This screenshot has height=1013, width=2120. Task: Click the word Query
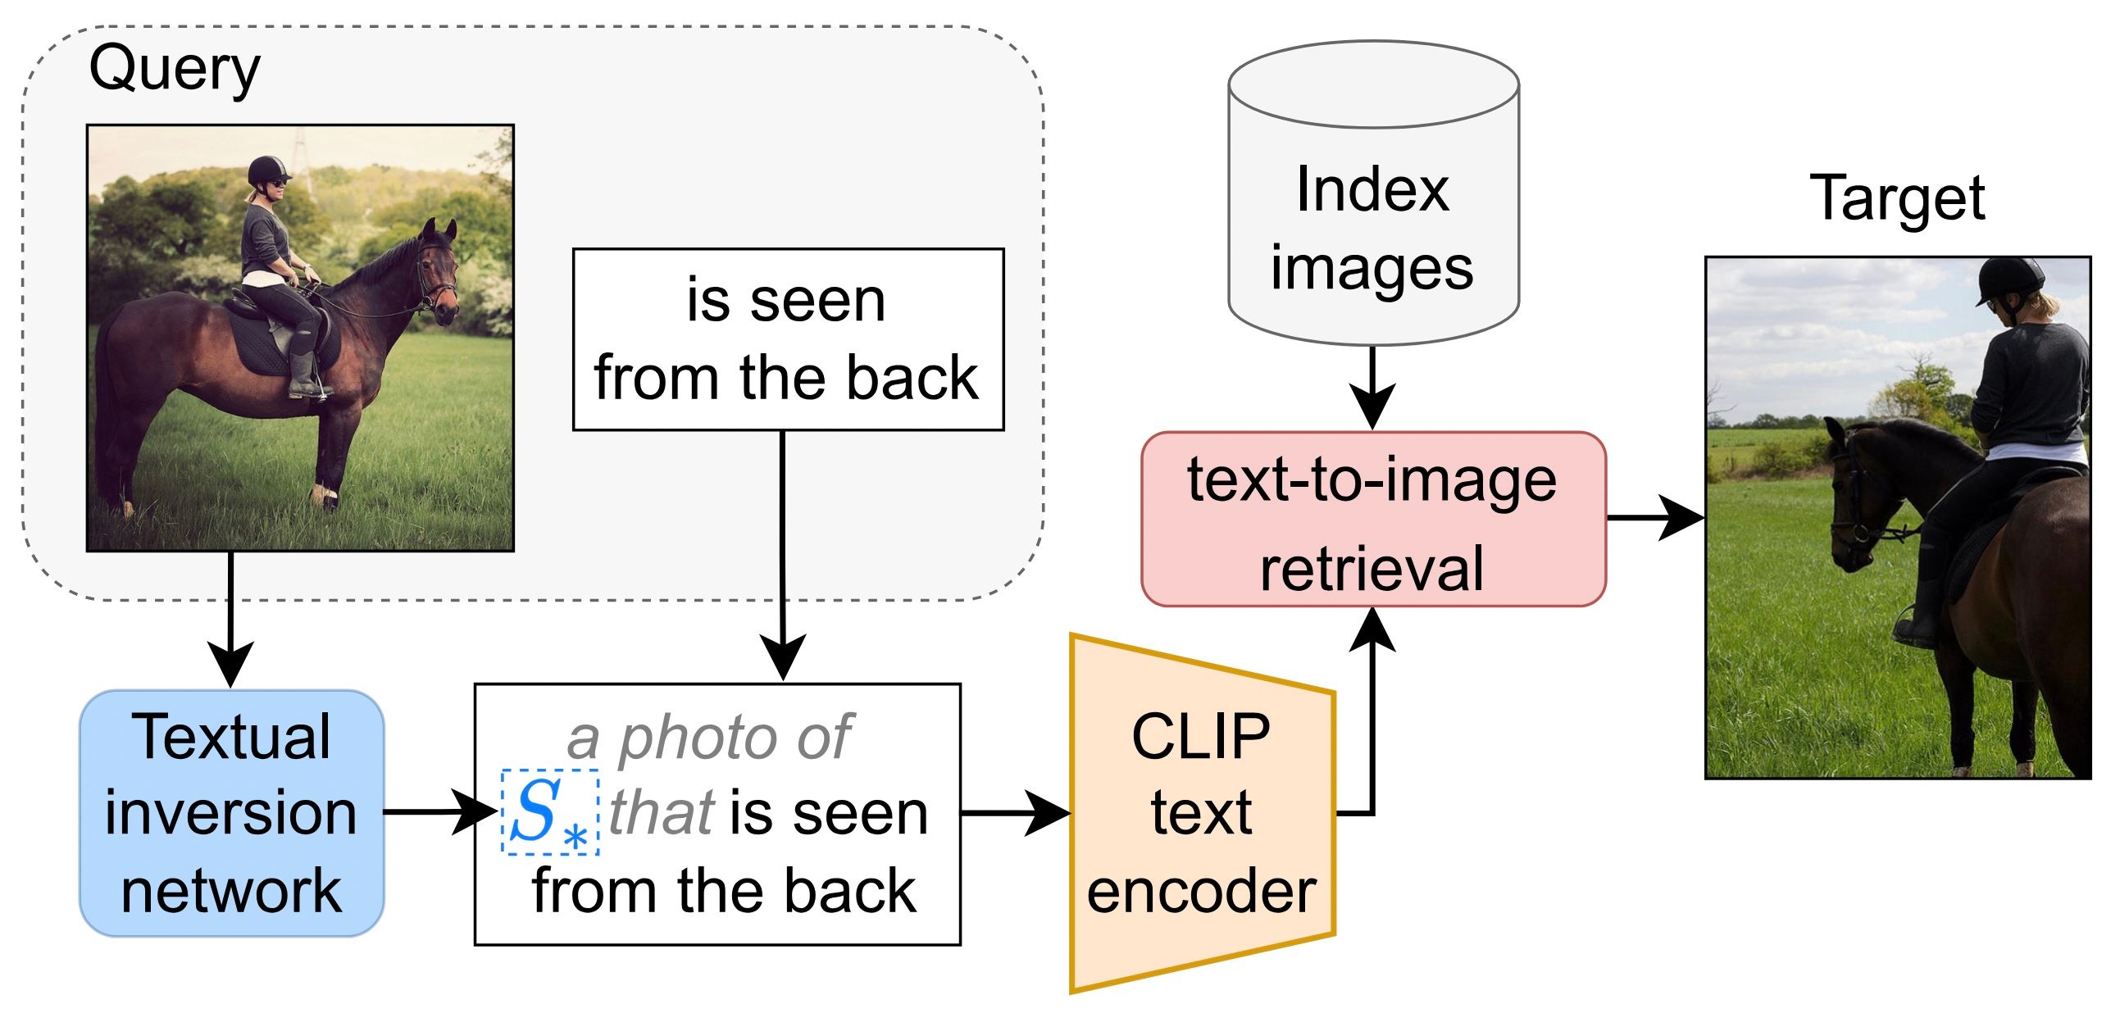coord(174,70)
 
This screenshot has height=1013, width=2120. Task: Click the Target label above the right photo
coord(1896,198)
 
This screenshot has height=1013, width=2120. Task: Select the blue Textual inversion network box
coord(231,813)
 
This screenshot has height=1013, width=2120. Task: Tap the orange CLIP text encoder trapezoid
coord(1201,813)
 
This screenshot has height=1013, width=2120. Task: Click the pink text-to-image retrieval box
coord(1372,520)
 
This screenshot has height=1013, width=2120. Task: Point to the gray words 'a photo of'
coord(709,738)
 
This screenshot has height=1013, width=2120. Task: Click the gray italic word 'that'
coord(662,813)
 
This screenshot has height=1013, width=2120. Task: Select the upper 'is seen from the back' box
coord(788,339)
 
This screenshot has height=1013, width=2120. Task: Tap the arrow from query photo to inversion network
coord(231,617)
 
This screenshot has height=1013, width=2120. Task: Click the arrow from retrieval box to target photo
coord(1654,518)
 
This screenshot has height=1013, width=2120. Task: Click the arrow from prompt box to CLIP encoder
coord(1017,813)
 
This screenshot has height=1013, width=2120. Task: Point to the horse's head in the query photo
coord(439,271)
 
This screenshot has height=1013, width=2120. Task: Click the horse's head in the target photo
coord(1852,493)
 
